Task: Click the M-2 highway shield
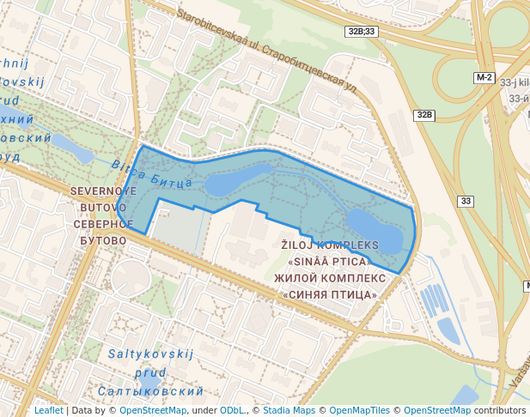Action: pyautogui.click(x=484, y=77)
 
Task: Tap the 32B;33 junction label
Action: pyautogui.click(x=362, y=31)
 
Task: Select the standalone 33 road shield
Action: pyautogui.click(x=466, y=201)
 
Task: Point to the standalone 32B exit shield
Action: pyautogui.click(x=423, y=115)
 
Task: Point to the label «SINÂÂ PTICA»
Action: pyautogui.click(x=330, y=262)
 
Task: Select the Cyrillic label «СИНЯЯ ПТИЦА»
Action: pyautogui.click(x=330, y=294)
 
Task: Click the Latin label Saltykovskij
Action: pyautogui.click(x=151, y=354)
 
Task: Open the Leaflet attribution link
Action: pyautogui.click(x=49, y=410)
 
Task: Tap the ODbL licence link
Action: pyautogui.click(x=233, y=410)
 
